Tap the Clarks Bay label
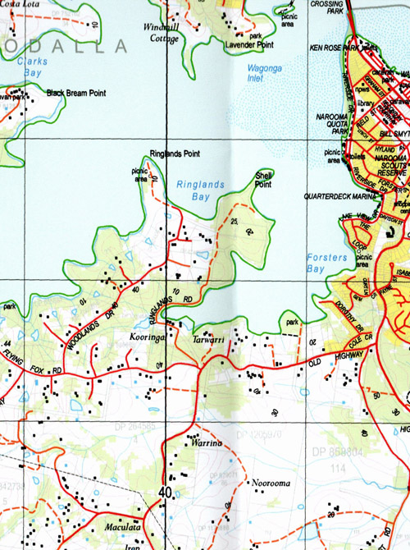[33, 66]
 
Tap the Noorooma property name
[271, 484]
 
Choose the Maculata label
[123, 526]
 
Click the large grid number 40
[166, 494]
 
